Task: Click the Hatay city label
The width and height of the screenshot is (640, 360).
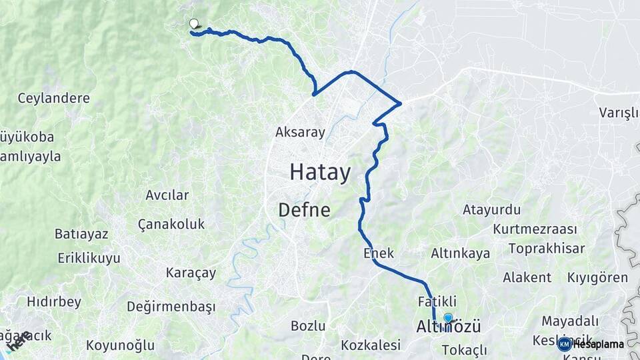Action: [x=320, y=173]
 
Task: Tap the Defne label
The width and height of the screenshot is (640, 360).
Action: [x=304, y=210]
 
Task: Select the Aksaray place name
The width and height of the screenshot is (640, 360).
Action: [x=300, y=132]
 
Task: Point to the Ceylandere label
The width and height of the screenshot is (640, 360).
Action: [x=53, y=98]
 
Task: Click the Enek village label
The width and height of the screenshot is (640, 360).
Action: [x=379, y=253]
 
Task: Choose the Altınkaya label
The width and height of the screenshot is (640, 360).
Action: [x=461, y=253]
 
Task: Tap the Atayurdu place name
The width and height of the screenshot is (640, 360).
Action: [x=491, y=210]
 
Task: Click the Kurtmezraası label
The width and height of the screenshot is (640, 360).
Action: [x=535, y=229]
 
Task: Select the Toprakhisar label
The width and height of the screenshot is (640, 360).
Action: [x=546, y=249]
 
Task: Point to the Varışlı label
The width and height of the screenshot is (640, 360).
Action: [x=618, y=112]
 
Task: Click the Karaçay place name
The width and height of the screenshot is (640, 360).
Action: [x=191, y=273]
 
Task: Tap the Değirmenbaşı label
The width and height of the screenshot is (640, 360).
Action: [x=171, y=307]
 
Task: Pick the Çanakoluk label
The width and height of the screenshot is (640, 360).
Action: [x=171, y=224]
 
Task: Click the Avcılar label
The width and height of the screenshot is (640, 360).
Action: [x=167, y=195]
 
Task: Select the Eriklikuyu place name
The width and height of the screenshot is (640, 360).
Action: [x=89, y=258]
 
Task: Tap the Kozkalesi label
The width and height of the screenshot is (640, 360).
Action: [x=371, y=345]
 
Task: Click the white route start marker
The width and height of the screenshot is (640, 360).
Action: [x=194, y=24]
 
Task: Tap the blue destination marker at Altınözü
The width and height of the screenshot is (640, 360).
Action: [x=448, y=319]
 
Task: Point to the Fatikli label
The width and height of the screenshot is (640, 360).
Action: [x=437, y=301]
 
